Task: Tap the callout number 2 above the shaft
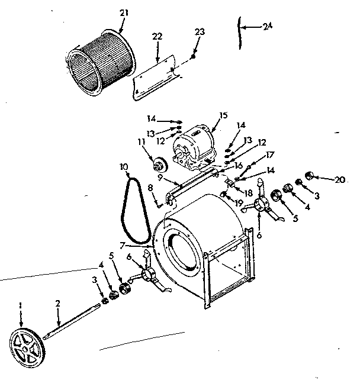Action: click(58, 304)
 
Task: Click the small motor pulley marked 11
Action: click(159, 164)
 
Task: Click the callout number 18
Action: click(248, 192)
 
